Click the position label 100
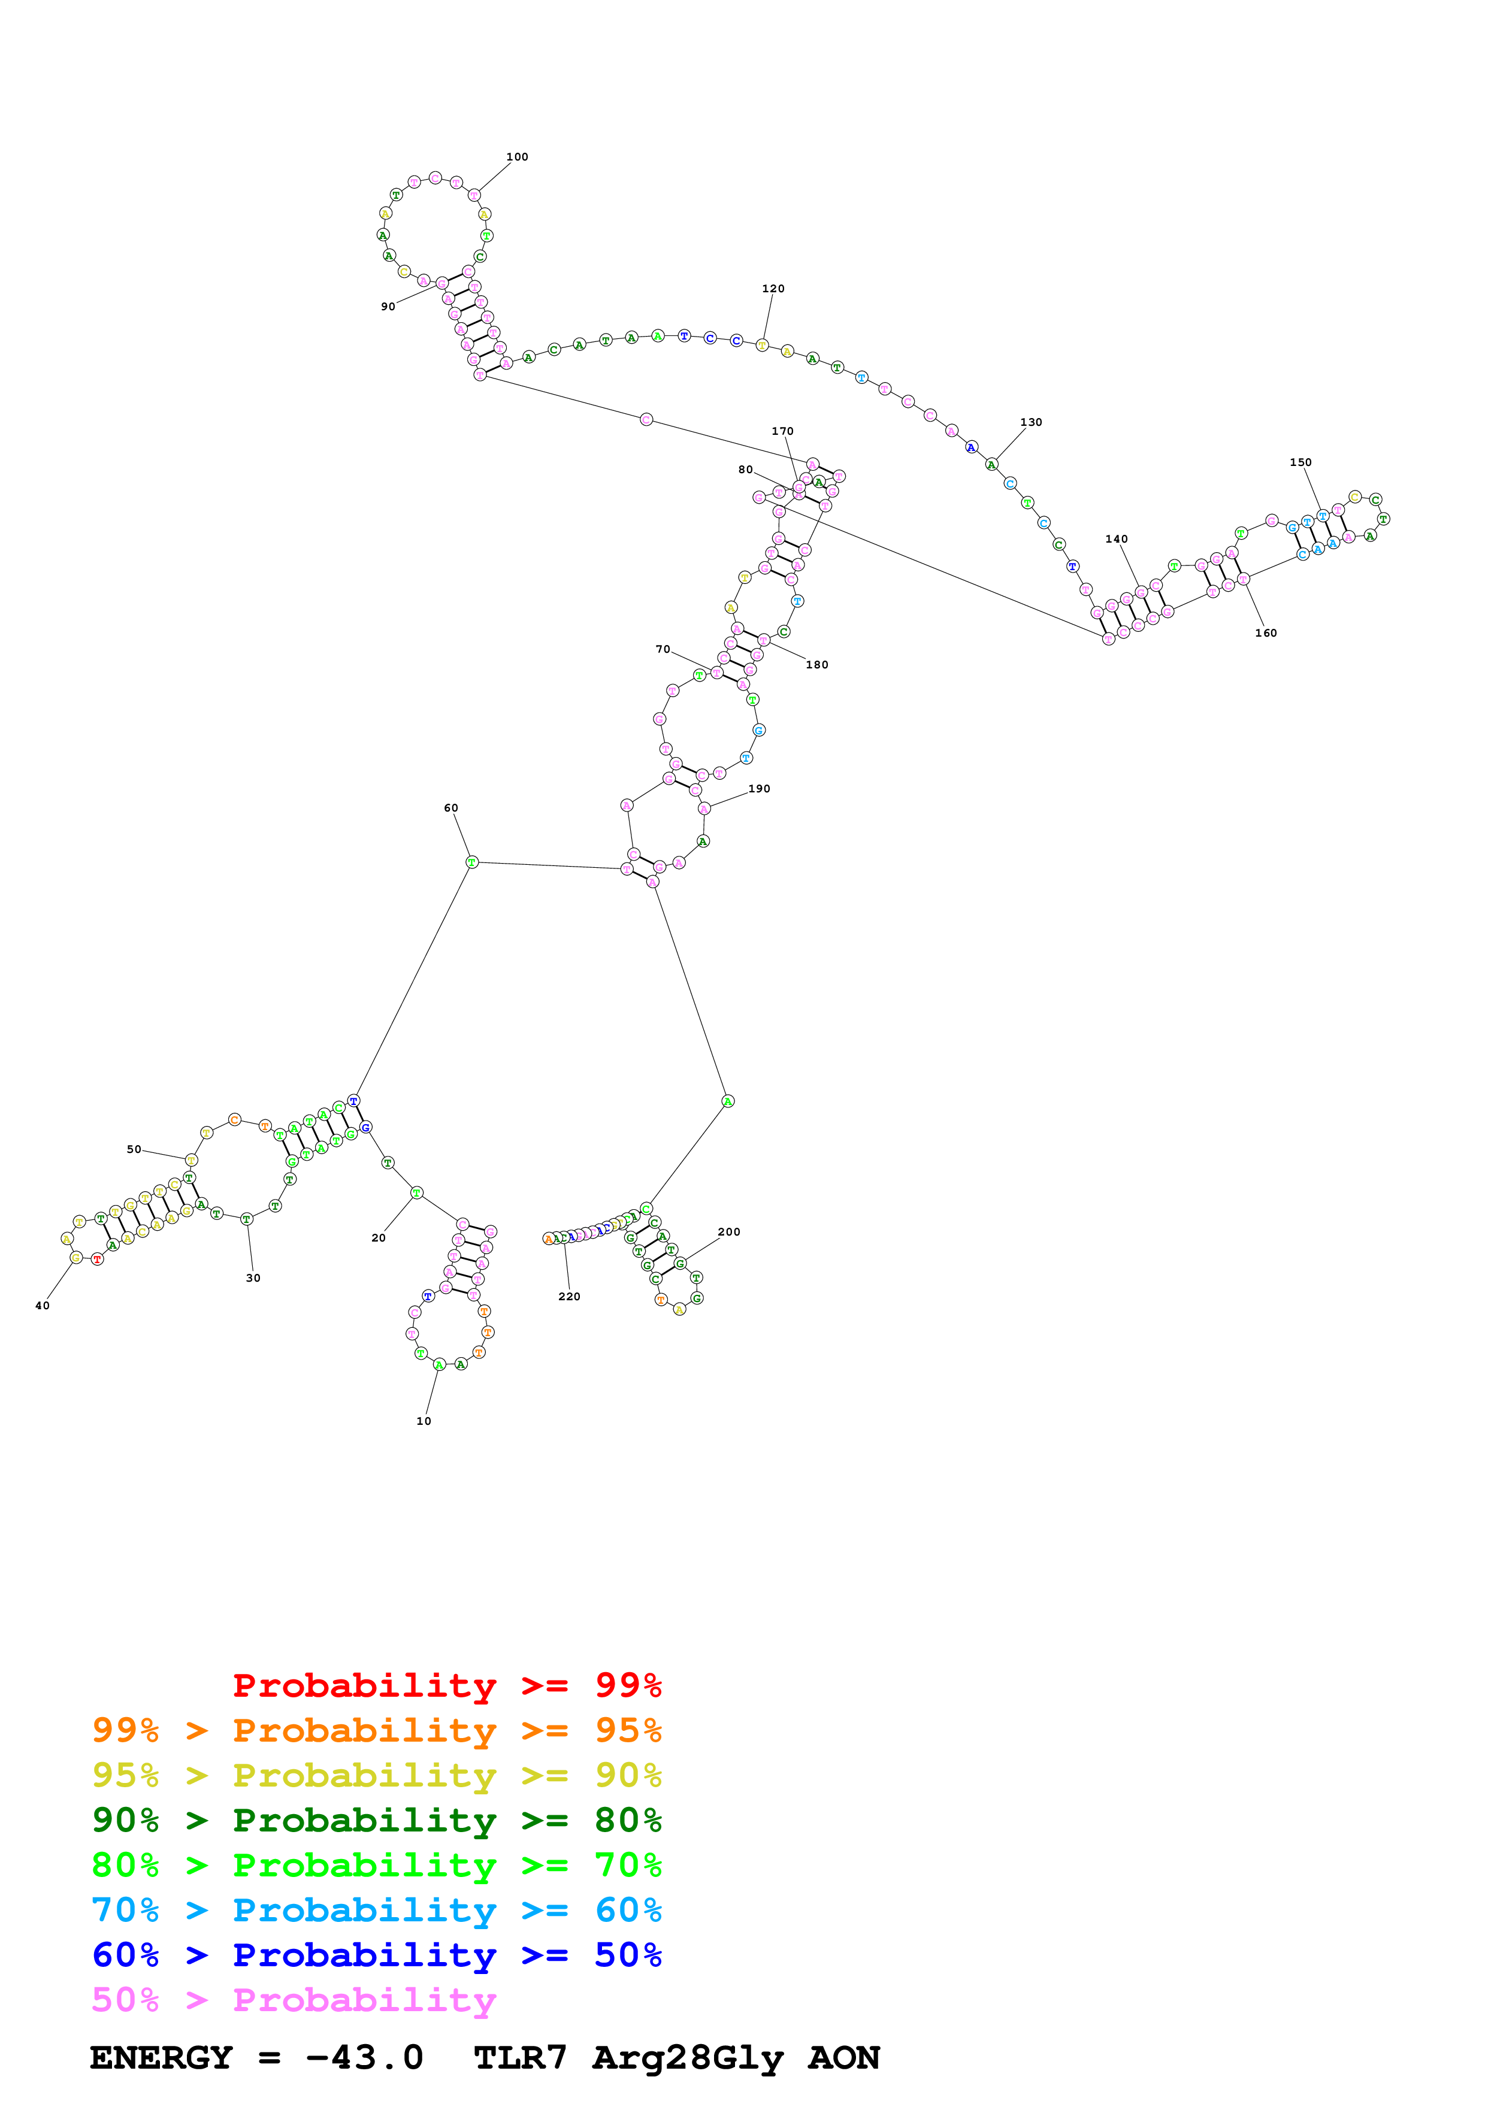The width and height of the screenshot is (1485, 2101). (517, 156)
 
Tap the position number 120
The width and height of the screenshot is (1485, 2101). (773, 288)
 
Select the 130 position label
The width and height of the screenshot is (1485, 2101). (1031, 422)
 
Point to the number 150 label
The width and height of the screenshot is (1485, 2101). (1300, 462)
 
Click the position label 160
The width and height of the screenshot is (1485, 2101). (1265, 632)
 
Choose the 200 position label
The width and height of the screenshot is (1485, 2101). (729, 1232)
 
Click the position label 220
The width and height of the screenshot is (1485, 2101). (569, 1295)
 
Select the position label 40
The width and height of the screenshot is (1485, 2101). (42, 1306)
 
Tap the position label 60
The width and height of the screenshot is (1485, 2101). (451, 808)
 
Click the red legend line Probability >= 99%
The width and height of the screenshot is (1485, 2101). (446, 1685)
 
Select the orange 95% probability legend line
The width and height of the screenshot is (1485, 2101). (376, 1730)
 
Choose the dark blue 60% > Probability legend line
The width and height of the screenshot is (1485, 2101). (376, 1955)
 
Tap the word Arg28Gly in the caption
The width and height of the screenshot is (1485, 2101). (687, 2057)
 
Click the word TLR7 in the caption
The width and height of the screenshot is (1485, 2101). (520, 2057)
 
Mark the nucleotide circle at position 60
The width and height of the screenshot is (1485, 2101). (472, 862)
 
